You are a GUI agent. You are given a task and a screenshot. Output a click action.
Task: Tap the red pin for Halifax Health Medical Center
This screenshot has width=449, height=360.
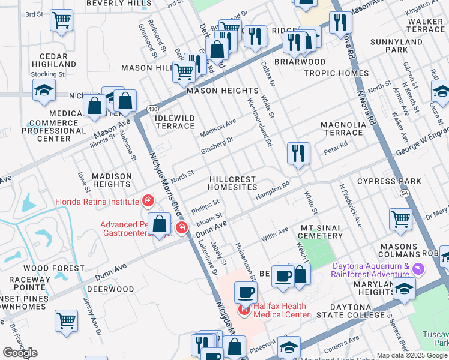tap(244, 310)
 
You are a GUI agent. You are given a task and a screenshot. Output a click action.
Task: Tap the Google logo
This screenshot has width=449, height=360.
tap(20, 353)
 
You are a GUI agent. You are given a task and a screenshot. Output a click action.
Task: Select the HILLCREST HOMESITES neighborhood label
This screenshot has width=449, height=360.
tap(232, 183)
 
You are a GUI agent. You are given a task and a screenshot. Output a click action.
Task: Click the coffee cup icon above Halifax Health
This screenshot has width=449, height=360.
tap(246, 293)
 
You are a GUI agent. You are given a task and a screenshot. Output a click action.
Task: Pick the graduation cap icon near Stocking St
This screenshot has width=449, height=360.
tap(44, 90)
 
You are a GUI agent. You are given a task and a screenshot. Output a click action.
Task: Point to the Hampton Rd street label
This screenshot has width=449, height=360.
tap(272, 191)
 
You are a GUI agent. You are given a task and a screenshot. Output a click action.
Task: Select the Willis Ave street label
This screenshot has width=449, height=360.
tap(274, 234)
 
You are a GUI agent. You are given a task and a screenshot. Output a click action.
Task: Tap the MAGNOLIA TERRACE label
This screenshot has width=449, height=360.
tap(342, 128)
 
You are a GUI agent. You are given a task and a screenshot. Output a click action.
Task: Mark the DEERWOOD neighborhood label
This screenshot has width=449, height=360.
tap(114, 289)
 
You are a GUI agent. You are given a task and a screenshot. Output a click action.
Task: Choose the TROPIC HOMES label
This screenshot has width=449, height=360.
tap(336, 73)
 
